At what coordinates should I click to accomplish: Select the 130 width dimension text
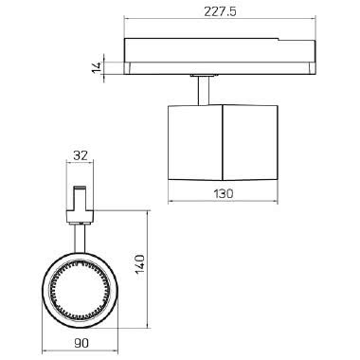click(225, 192)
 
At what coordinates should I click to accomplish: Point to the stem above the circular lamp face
click(81, 233)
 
